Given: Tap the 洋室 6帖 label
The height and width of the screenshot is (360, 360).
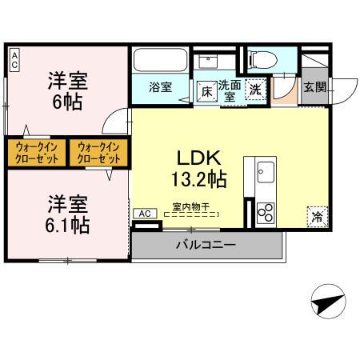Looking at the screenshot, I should [x=66, y=90].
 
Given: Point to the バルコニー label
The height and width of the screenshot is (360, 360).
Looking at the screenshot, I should [x=206, y=245].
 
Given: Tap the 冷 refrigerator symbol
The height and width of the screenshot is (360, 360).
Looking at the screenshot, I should [x=318, y=216].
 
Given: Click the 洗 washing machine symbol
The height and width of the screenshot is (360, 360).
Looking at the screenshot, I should [x=255, y=90].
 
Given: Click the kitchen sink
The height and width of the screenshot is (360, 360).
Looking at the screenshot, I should [x=266, y=170].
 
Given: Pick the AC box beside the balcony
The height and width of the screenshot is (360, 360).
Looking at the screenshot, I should [x=145, y=214].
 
